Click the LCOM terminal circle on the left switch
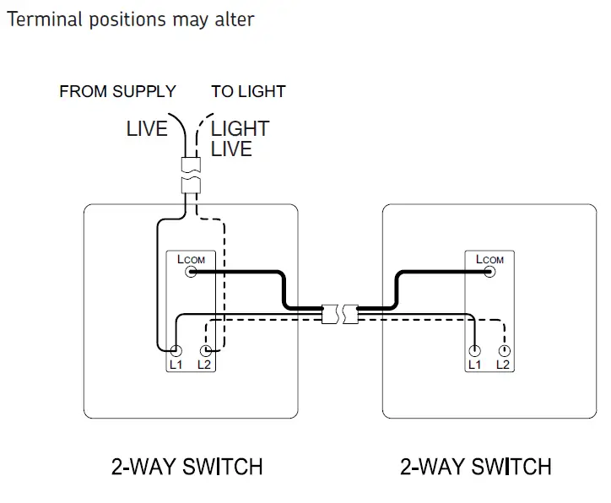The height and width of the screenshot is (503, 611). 192,272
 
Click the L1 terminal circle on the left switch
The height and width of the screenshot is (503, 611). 176,350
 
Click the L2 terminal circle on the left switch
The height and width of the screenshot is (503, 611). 203,350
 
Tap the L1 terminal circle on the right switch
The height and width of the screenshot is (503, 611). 476,350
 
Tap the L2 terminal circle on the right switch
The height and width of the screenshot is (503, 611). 503,350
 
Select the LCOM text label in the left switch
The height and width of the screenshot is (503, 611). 191,258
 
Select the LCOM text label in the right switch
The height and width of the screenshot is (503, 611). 489,258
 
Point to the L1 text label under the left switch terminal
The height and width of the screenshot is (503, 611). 176,365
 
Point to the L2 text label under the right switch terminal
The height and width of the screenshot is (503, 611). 503,365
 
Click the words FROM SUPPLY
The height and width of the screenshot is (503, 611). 117,91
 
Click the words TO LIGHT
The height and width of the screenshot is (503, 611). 248,91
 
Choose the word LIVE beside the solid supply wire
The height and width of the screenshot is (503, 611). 148,129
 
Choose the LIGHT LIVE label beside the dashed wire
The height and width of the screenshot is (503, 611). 240,139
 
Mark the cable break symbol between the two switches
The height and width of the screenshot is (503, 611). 342,314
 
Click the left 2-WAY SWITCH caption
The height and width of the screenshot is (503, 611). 187,466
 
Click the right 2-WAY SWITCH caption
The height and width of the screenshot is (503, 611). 476,466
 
